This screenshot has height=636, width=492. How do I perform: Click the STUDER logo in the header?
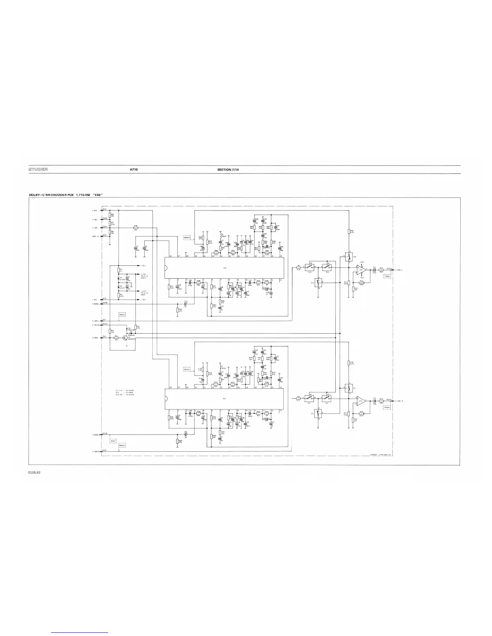tap(38, 169)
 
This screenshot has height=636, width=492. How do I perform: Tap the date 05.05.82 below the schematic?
tap(35, 472)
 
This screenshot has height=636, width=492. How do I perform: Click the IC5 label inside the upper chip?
tap(224, 268)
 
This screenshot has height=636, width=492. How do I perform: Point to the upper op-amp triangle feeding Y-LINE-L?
tap(361, 269)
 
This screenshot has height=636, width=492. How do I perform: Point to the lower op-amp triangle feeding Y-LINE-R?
tap(361, 401)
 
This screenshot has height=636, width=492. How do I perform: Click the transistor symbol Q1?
tap(125, 338)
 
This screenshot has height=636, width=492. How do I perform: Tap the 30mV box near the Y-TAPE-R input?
tap(113, 441)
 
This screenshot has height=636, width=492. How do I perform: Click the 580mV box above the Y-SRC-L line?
tap(122, 315)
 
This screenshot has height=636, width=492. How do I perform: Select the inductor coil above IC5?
tap(221, 234)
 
